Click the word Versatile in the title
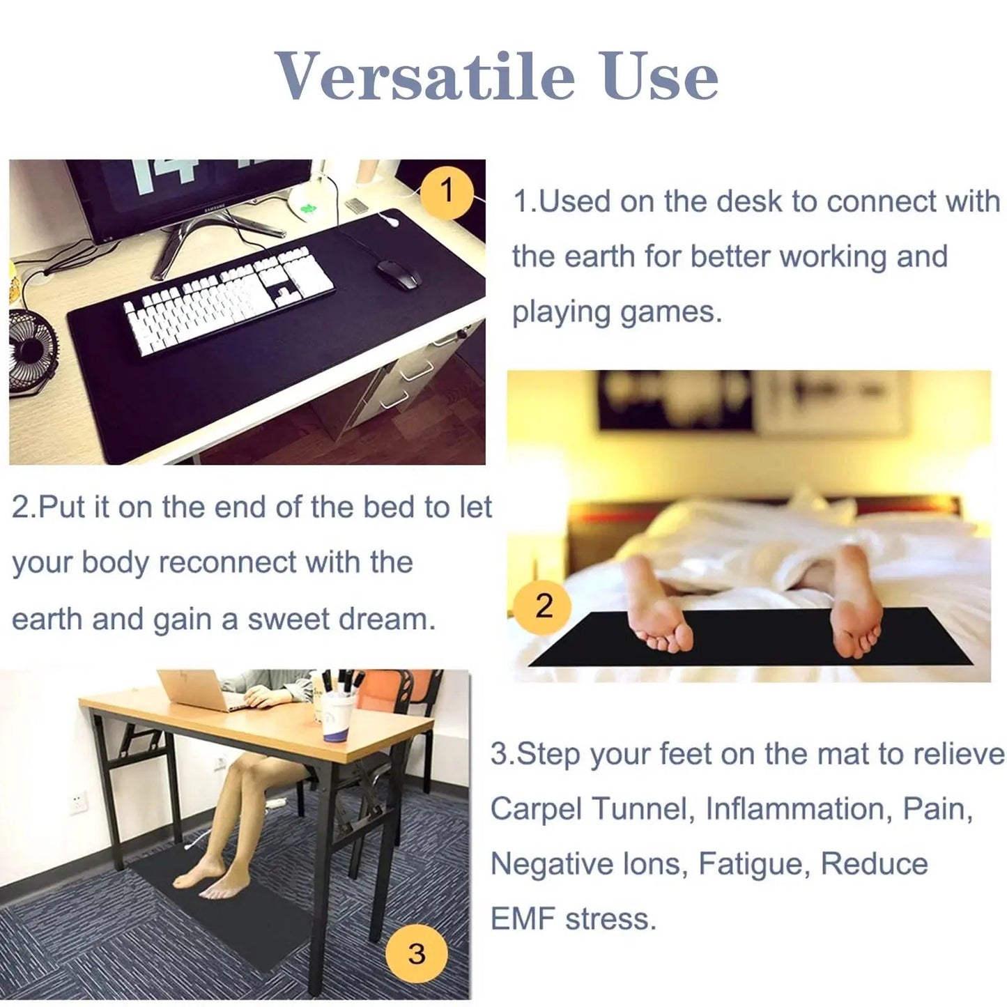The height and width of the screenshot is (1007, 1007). tap(426, 76)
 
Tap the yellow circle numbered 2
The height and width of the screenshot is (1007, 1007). tap(544, 606)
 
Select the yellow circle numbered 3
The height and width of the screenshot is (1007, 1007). tap(416, 953)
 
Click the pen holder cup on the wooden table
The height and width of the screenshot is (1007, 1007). tap(339, 718)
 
